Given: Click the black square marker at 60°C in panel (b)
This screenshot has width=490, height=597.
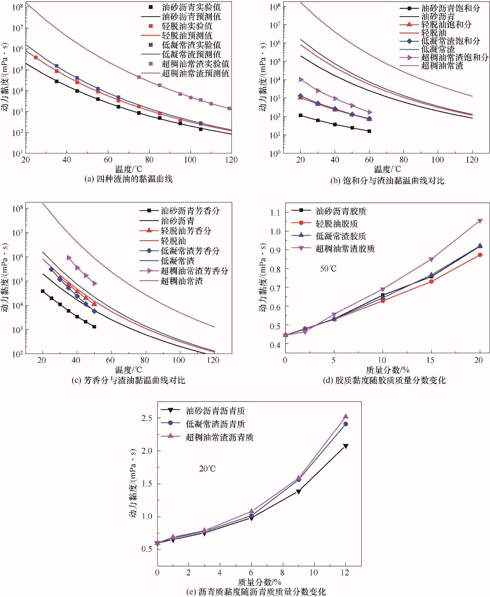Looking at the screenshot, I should coord(369,131).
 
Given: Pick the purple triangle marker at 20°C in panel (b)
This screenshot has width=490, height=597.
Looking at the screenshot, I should coord(301,79).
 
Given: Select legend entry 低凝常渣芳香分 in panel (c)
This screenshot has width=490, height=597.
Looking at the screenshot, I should coord(190,251).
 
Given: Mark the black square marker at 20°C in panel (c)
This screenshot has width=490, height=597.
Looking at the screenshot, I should coord(43,291).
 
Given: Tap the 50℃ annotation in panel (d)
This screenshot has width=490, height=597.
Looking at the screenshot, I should coord(328,269).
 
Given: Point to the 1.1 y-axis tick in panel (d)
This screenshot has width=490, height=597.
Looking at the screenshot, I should coord(275,212).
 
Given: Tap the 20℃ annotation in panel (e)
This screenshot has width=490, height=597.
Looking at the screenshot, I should coord(208,469).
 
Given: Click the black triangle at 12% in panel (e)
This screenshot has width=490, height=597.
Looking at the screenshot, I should coord(345,446).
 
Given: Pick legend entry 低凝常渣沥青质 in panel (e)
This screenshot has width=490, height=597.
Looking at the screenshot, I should coord(215,424).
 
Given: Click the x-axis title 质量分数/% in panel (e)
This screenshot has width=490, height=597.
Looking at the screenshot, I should coord(259,582).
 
